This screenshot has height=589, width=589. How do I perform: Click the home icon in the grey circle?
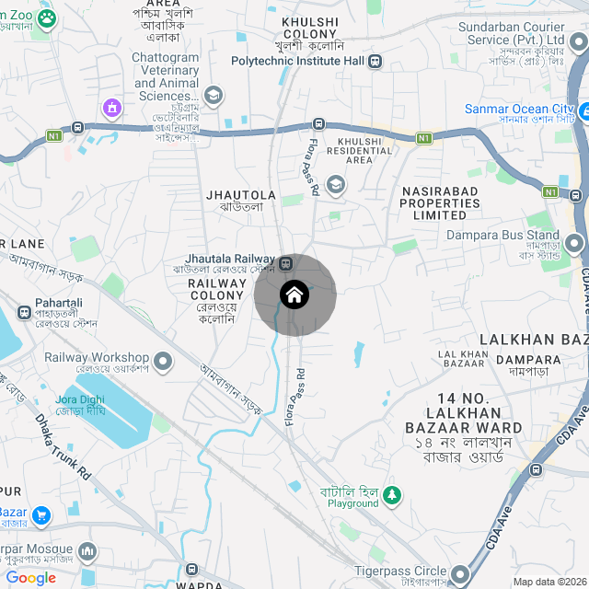[x=294, y=295]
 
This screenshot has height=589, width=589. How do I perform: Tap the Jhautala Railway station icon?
[x=285, y=263]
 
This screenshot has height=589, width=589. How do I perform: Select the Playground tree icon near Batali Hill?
[x=393, y=496]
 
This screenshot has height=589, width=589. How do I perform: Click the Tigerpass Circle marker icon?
[x=460, y=572]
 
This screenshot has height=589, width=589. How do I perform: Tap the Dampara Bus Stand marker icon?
[x=575, y=244]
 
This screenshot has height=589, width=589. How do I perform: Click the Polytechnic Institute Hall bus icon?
[x=375, y=62]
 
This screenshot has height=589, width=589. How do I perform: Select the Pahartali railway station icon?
[x=22, y=311]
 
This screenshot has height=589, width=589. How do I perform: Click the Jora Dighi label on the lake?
[x=80, y=404]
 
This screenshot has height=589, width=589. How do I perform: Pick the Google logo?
[x=30, y=578]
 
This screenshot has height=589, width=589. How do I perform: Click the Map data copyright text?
[x=549, y=582]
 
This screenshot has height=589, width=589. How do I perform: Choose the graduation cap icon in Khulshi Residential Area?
[x=335, y=184]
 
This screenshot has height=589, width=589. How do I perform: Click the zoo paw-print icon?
[x=46, y=18]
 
